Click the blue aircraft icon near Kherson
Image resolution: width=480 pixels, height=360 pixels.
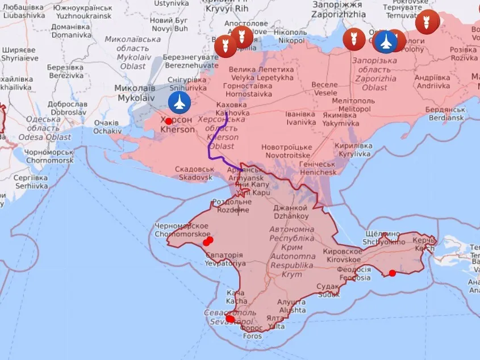(x=180, y=103)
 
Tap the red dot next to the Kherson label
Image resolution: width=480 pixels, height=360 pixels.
(x=169, y=121)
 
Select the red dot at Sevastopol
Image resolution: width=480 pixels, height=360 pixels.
(x=230, y=319)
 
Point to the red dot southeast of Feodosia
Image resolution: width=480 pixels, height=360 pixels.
(x=392, y=273)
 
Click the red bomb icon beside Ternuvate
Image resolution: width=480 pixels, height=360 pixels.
(x=427, y=22)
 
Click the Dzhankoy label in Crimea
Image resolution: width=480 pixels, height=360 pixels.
(x=291, y=212)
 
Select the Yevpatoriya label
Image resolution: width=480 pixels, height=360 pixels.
(x=225, y=259)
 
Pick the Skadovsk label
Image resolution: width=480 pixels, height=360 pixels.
(x=194, y=173)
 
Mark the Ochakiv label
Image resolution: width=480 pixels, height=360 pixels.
(x=107, y=127)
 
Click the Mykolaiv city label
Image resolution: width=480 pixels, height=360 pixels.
(x=135, y=93)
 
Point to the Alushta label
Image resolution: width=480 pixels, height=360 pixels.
(x=292, y=307)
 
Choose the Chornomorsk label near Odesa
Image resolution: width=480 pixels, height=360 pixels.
(x=49, y=157)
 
